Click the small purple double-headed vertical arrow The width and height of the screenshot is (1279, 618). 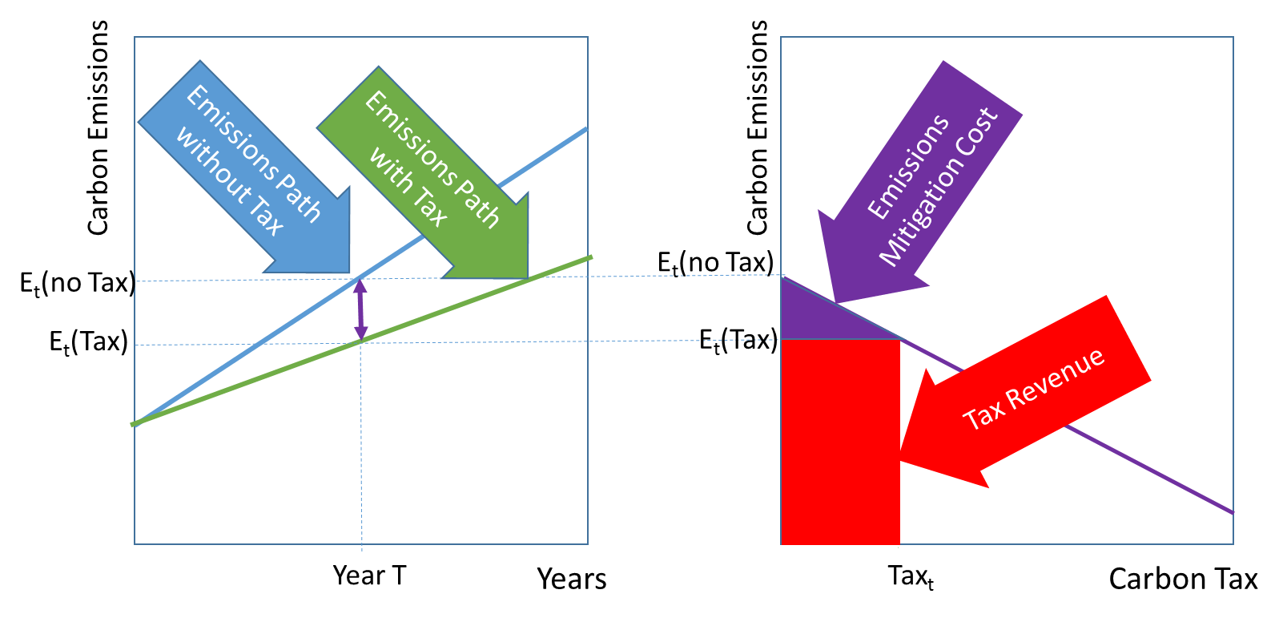[x=360, y=310]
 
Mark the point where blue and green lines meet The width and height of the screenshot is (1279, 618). [x=135, y=424]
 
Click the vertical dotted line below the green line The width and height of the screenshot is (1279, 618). [x=362, y=449]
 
